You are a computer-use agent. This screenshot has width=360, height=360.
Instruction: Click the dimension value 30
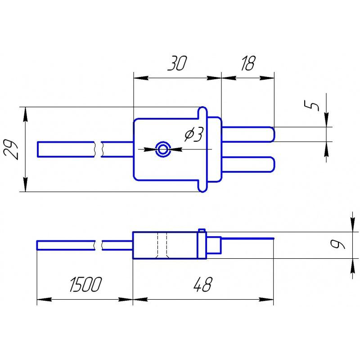pos(177,64)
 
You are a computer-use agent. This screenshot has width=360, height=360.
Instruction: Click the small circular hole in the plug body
pos(162,149)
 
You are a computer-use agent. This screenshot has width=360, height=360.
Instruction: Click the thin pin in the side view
pos(247,238)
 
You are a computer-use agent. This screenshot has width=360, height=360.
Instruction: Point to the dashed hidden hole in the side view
pos(162,245)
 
